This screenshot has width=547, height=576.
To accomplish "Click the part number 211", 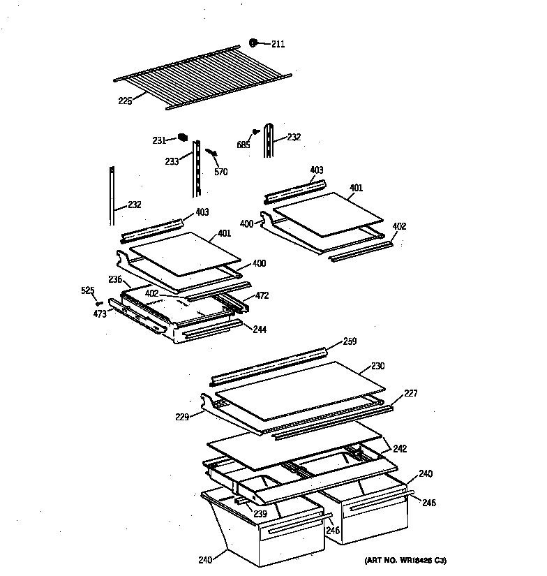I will pyautogui.click(x=278, y=45).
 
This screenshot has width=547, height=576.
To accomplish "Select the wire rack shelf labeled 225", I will pyautogui.click(x=202, y=77).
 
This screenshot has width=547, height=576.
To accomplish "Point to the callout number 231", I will pyautogui.click(x=159, y=140).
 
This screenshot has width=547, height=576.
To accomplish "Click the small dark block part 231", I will pyautogui.click(x=183, y=137).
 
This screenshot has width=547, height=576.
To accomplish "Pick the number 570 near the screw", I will pyautogui.click(x=220, y=172).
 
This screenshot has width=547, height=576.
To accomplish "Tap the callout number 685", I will pyautogui.click(x=243, y=145).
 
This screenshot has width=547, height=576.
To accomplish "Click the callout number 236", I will pyautogui.click(x=115, y=279).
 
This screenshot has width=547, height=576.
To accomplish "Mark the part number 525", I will pyautogui.click(x=87, y=290).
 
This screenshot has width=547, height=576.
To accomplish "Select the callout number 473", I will pyautogui.click(x=100, y=314).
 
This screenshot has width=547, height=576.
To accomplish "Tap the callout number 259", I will pyautogui.click(x=350, y=341).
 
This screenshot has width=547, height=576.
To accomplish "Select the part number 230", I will pyautogui.click(x=377, y=366).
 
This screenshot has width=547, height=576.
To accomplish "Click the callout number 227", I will pyautogui.click(x=411, y=394).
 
